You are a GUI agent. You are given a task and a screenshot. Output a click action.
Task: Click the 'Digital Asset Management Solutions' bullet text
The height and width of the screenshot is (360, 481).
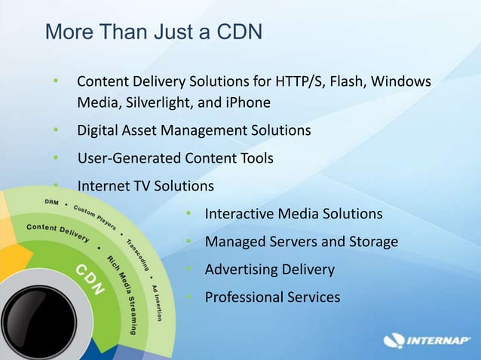point(194,130)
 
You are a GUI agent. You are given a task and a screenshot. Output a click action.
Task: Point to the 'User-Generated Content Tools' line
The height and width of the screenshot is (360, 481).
point(175,158)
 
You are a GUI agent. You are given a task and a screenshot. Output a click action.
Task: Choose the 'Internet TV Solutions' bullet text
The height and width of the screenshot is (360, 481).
point(146,185)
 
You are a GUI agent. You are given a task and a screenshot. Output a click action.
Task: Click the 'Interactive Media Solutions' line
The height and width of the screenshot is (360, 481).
point(293,214)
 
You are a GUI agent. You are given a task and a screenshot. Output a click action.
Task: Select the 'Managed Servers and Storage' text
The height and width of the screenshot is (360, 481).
point(302,242)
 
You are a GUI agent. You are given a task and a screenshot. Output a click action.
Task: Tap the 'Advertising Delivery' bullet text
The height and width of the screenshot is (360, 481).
point(270,270)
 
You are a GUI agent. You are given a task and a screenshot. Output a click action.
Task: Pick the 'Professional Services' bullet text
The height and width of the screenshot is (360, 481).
point(272,297)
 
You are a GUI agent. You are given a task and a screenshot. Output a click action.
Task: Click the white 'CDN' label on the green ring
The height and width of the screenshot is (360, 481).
point(88,279)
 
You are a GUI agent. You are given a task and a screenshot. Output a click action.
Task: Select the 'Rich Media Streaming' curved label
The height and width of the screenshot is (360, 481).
point(122,291)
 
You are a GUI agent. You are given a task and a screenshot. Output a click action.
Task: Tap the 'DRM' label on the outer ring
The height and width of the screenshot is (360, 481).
point(52,203)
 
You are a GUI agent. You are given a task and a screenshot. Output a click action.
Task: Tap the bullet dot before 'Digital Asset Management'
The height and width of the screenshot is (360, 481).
point(55,130)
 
